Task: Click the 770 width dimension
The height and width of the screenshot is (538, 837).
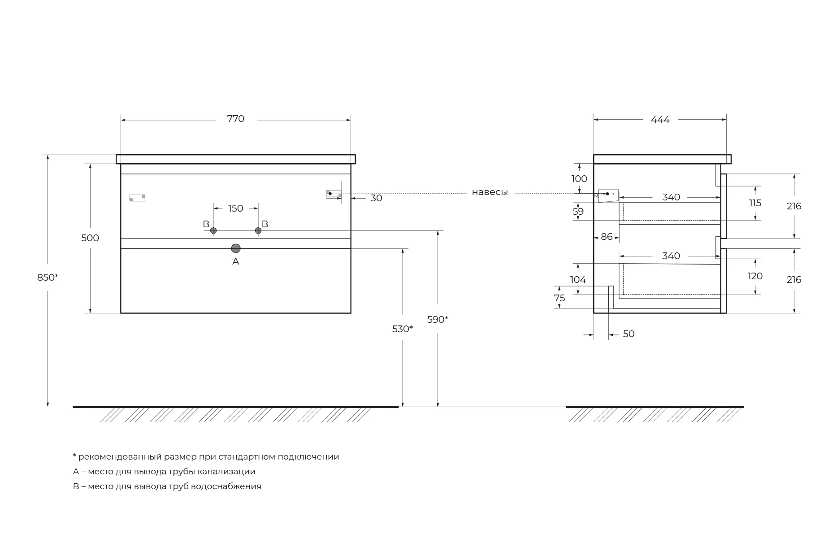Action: pyautogui.click(x=235, y=119)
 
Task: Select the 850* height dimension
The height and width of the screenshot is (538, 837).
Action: pyautogui.click(x=48, y=278)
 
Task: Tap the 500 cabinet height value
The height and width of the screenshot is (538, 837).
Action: pyautogui.click(x=90, y=238)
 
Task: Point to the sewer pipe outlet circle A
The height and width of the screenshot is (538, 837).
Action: pyautogui.click(x=236, y=248)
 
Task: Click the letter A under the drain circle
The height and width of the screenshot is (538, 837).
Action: pyautogui.click(x=236, y=261)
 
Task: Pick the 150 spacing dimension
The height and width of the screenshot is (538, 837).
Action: pyautogui.click(x=235, y=208)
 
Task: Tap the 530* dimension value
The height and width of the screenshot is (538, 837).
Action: pyautogui.click(x=402, y=329)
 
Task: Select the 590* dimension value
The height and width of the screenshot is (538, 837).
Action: pyautogui.click(x=438, y=320)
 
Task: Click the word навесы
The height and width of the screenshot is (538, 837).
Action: pyautogui.click(x=490, y=192)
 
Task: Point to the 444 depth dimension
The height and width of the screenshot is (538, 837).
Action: pyautogui.click(x=660, y=120)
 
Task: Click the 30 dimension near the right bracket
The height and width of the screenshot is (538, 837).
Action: pyautogui.click(x=376, y=198)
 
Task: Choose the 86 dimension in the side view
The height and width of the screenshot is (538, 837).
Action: pyautogui.click(x=607, y=237)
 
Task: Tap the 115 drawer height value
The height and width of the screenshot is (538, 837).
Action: pyautogui.click(x=755, y=203)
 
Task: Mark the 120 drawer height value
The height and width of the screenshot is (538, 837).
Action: pyautogui.click(x=755, y=276)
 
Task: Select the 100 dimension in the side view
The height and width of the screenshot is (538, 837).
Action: pyautogui.click(x=579, y=179)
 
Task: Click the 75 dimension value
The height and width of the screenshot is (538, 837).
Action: pyautogui.click(x=559, y=298)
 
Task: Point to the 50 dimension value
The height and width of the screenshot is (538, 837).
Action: pyautogui.click(x=629, y=334)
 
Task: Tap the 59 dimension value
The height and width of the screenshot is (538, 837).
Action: pyautogui.click(x=578, y=211)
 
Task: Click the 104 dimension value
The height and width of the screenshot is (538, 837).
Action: pyautogui.click(x=578, y=280)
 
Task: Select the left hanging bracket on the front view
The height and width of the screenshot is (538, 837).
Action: pyautogui.click(x=137, y=198)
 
